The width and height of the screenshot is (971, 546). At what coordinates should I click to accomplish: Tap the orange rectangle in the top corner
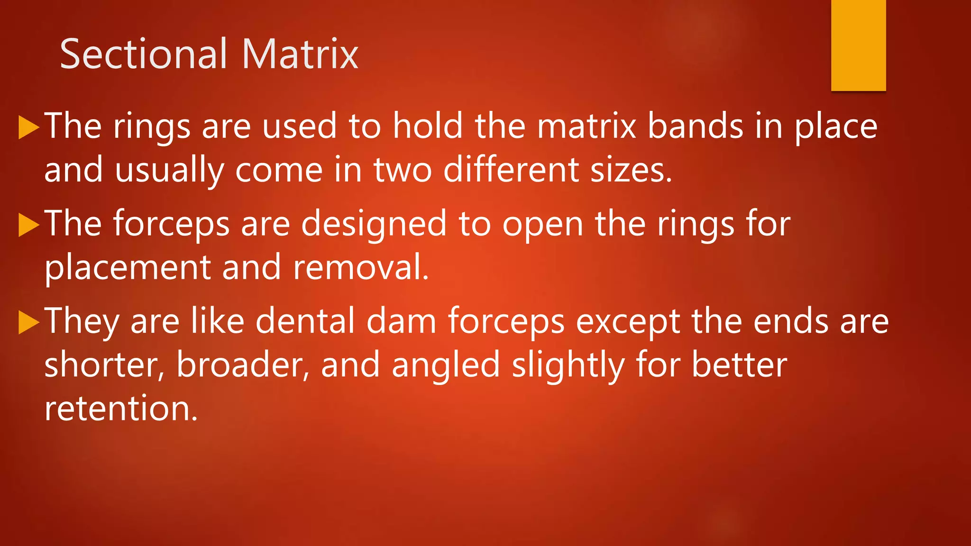[x=858, y=45]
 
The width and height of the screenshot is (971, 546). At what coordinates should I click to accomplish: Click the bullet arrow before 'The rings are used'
[x=28, y=128]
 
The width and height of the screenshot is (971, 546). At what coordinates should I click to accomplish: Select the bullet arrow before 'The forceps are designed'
[x=28, y=225]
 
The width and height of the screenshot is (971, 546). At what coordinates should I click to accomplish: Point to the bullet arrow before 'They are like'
[x=28, y=323]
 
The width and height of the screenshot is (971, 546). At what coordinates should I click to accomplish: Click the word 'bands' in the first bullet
[x=695, y=127]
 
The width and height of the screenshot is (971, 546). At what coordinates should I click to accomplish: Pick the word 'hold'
[x=428, y=127]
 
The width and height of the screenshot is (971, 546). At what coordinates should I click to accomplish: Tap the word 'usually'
[x=169, y=171]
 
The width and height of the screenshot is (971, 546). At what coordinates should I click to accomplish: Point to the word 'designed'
[x=374, y=224]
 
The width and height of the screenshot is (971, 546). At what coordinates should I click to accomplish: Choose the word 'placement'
[x=128, y=268]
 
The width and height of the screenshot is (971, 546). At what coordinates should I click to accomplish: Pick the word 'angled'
[x=446, y=366]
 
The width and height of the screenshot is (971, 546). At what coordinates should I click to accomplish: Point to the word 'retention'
[x=120, y=409]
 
